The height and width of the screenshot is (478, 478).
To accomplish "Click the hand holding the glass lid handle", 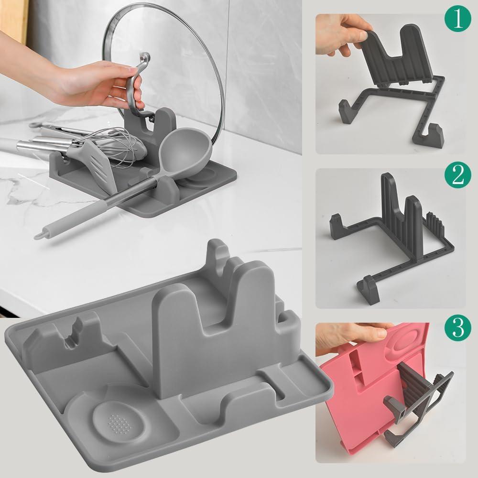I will click(x=96, y=84).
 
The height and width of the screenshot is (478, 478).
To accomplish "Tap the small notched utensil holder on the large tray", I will click(x=72, y=337).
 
